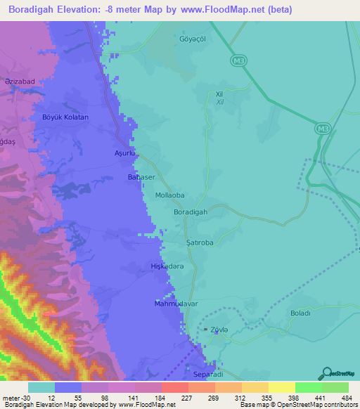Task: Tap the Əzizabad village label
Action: (20, 82)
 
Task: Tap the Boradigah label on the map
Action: (190, 212)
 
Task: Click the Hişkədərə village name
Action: (167, 266)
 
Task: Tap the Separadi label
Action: (207, 375)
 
